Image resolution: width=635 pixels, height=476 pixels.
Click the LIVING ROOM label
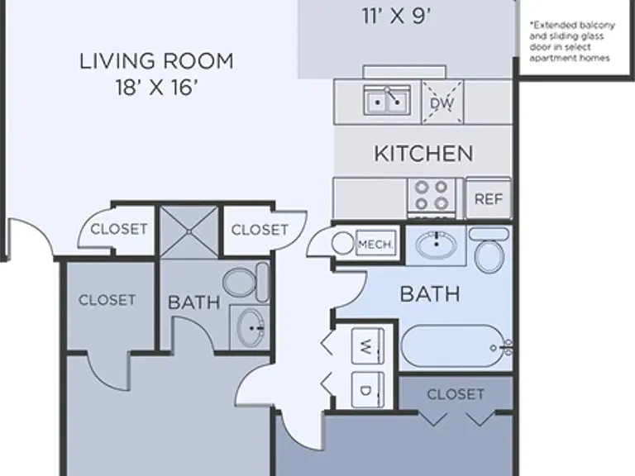[x=156, y=61]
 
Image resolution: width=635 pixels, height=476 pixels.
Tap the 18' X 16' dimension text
[x=157, y=88]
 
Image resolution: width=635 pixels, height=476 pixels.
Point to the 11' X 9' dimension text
[x=396, y=17]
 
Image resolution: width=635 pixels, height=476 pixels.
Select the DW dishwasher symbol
[x=442, y=102]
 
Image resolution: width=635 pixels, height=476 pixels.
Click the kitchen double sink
[x=387, y=100]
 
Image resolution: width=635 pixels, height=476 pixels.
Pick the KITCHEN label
[x=423, y=154]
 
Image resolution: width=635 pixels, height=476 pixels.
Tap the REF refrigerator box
[x=489, y=198]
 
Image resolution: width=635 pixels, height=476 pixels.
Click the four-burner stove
[x=432, y=198]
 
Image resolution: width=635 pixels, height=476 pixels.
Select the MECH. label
[x=375, y=245]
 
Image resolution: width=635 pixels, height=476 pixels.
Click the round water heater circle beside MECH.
[x=342, y=243]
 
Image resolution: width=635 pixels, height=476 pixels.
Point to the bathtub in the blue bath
[x=456, y=347]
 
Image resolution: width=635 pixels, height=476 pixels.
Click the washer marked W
[x=368, y=346]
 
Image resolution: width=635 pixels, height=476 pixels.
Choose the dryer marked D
[x=368, y=389]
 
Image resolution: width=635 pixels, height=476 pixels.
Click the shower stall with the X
[x=189, y=231]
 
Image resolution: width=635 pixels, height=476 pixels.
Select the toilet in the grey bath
[x=246, y=282]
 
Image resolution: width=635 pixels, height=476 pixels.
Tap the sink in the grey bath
[x=250, y=327]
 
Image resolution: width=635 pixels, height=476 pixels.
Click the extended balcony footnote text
[x=572, y=41]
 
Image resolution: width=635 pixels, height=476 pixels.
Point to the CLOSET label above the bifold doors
[x=456, y=394]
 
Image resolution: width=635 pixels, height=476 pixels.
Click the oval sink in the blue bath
[x=437, y=245]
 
